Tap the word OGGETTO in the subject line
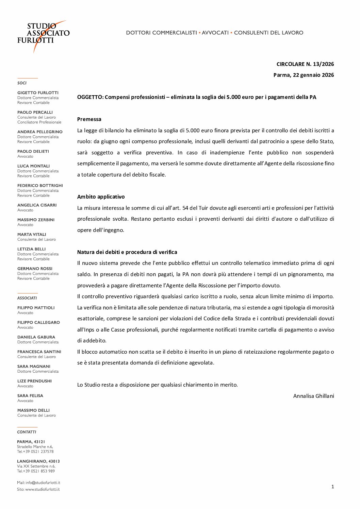(90, 97)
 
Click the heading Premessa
(89, 119)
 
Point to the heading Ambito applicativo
(101, 197)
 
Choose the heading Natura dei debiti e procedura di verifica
(127, 252)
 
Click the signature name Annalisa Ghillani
(313, 396)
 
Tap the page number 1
(332, 487)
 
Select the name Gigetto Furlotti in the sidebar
(38, 92)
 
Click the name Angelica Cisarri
(37, 205)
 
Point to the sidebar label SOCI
(22, 83)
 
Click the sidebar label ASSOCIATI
(27, 298)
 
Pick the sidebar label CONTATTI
(27, 432)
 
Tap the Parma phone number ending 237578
(35, 452)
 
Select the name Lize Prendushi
(34, 381)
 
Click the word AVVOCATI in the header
(215, 33)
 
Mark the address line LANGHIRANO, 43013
(38, 461)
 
